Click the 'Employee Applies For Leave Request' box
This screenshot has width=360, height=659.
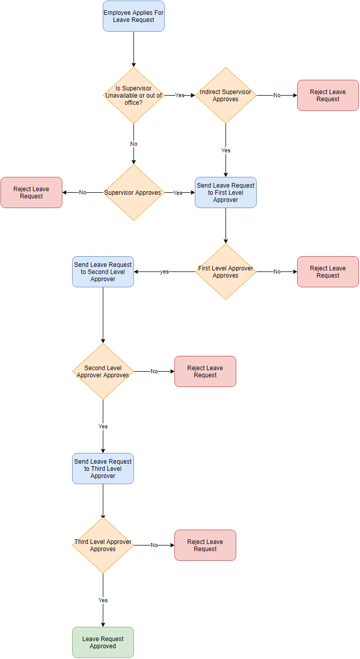tap(133, 16)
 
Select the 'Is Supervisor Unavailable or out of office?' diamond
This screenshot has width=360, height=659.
tap(133, 95)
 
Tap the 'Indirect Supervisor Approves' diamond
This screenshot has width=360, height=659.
tap(226, 95)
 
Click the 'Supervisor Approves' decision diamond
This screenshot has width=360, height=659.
tap(133, 193)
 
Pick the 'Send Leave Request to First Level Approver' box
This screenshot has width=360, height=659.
tap(226, 193)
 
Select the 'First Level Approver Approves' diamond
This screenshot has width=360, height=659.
tap(226, 271)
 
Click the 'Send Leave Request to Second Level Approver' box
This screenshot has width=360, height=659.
tap(103, 271)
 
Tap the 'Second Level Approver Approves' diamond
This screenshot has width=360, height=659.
tap(103, 371)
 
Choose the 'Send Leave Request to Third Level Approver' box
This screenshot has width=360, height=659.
tap(103, 468)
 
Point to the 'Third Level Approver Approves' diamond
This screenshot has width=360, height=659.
tap(103, 545)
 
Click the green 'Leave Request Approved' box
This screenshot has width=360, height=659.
tap(103, 642)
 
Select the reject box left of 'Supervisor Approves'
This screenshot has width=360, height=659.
tap(31, 193)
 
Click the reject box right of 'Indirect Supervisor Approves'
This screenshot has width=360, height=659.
tap(328, 95)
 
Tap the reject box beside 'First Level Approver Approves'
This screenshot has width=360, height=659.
tap(328, 271)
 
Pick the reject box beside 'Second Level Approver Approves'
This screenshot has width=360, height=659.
tap(205, 371)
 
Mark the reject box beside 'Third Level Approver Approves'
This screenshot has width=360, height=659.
tap(205, 545)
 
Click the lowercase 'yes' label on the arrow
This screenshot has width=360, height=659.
tap(164, 272)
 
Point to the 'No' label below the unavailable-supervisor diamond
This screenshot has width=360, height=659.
tap(133, 144)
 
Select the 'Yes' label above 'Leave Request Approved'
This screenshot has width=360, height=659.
tap(103, 600)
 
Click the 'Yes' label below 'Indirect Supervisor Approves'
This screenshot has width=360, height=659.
tap(226, 150)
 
